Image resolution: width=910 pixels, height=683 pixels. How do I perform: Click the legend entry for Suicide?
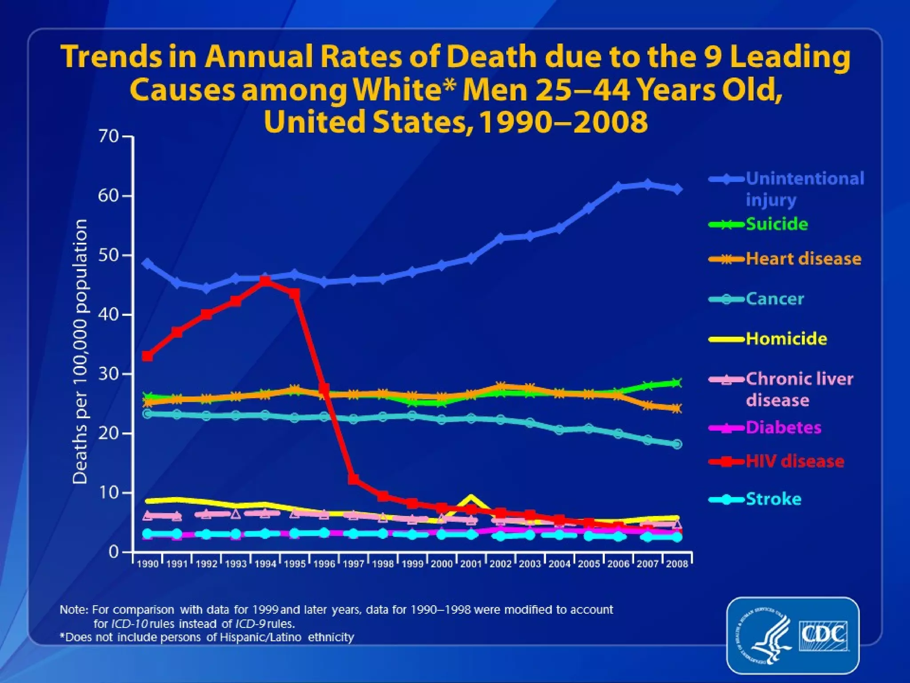pyautogui.click(x=776, y=224)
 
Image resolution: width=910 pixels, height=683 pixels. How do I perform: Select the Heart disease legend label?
pyautogui.click(x=803, y=258)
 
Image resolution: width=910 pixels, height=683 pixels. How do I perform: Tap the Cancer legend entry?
pyautogui.click(x=775, y=299)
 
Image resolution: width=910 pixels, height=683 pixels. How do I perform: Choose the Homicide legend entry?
pyautogui.click(x=786, y=339)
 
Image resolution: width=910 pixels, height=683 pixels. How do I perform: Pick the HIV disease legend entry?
pyautogui.click(x=795, y=461)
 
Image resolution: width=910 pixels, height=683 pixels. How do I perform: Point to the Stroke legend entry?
pyautogui.click(x=774, y=499)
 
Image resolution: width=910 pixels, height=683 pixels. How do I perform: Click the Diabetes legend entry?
pyautogui.click(x=783, y=427)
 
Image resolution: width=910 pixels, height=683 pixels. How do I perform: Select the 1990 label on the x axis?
pyautogui.click(x=148, y=564)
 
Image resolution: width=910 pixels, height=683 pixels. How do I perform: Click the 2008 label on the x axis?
pyautogui.click(x=677, y=564)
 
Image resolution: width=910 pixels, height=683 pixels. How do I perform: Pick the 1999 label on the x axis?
pyautogui.click(x=412, y=564)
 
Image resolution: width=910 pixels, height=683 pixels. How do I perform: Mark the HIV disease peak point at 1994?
pyautogui.click(x=265, y=281)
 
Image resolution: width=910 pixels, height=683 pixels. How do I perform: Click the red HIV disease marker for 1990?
pyautogui.click(x=148, y=356)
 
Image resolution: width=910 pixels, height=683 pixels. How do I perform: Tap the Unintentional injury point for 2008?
pyautogui.click(x=677, y=189)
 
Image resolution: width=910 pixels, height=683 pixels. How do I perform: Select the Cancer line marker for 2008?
pyautogui.click(x=677, y=444)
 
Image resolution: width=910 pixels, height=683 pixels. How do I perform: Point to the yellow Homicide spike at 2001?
pyautogui.click(x=471, y=498)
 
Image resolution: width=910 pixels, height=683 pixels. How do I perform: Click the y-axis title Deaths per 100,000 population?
pyautogui.click(x=80, y=351)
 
